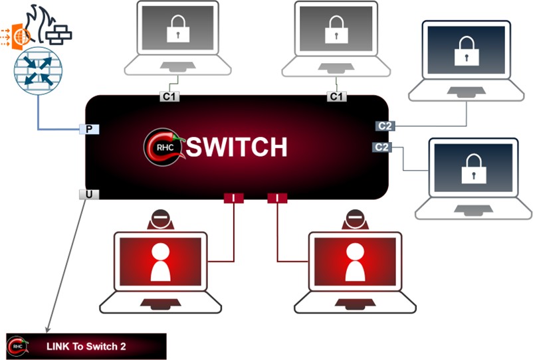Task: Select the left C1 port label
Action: pos(169,97)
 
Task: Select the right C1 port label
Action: pos(337,97)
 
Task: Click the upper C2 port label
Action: pos(383,126)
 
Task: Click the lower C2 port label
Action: pos(381,147)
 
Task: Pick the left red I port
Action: pos(234,197)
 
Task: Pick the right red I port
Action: pos(277,197)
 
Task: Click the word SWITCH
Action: pos(237,147)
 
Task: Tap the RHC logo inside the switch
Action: pos(160,147)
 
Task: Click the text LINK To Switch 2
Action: pos(86,346)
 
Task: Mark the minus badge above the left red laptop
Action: pos(160,218)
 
